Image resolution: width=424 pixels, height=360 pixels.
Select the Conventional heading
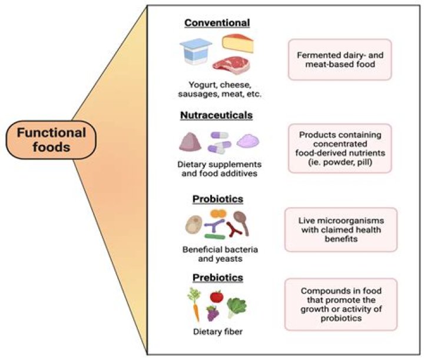tap(217, 23)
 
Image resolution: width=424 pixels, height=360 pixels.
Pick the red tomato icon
tap(216, 296)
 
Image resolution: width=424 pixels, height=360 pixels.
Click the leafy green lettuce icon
tap(237, 306)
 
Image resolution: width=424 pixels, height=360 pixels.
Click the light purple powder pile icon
tap(247, 141)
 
